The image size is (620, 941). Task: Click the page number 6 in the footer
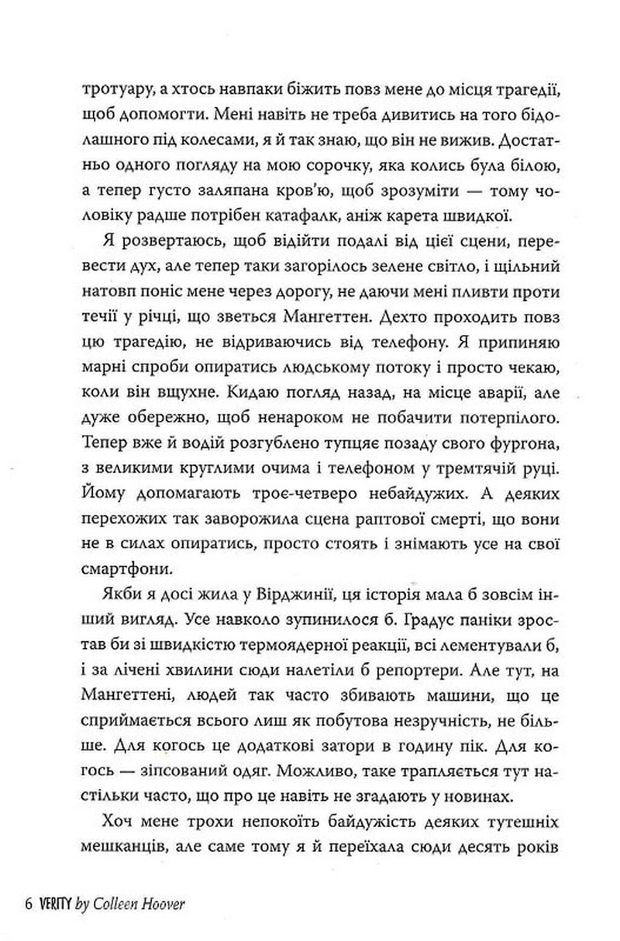tap(28, 906)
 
